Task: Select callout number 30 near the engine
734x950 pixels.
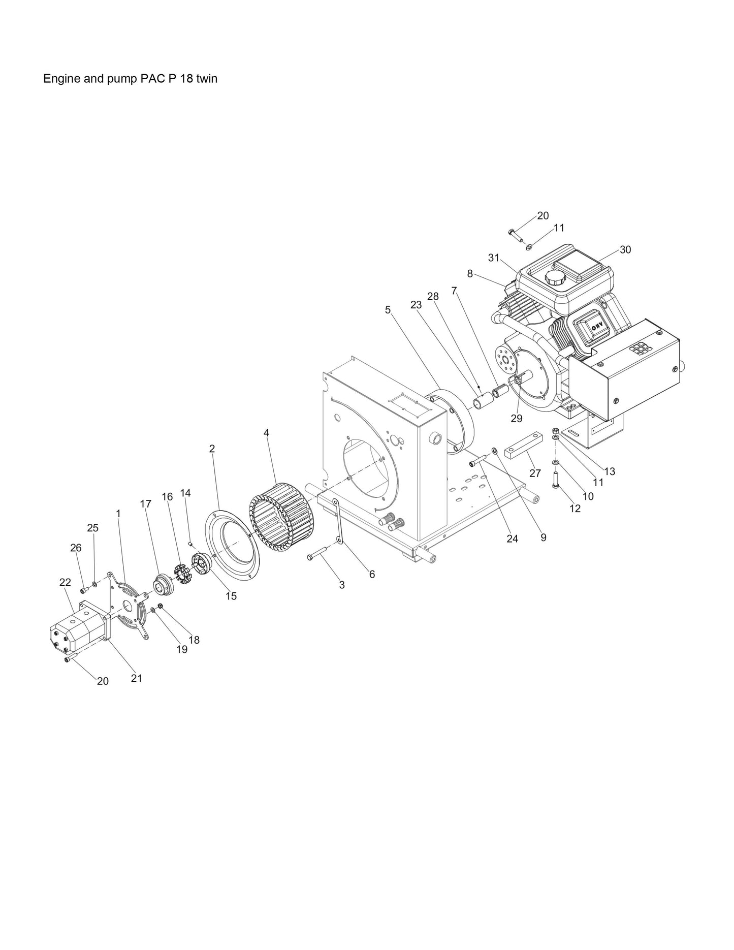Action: pyautogui.click(x=625, y=249)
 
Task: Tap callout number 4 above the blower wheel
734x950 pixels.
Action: pyautogui.click(x=266, y=433)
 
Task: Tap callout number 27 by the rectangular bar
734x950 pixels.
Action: pyautogui.click(x=535, y=473)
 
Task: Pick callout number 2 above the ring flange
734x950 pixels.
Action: pyautogui.click(x=212, y=449)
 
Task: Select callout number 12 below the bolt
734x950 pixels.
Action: pyautogui.click(x=575, y=509)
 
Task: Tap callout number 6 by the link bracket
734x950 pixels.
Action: pyautogui.click(x=372, y=574)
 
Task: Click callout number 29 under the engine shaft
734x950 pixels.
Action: pyautogui.click(x=516, y=419)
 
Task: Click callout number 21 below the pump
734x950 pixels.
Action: pyautogui.click(x=136, y=678)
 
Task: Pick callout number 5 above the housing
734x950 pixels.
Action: pyautogui.click(x=388, y=309)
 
